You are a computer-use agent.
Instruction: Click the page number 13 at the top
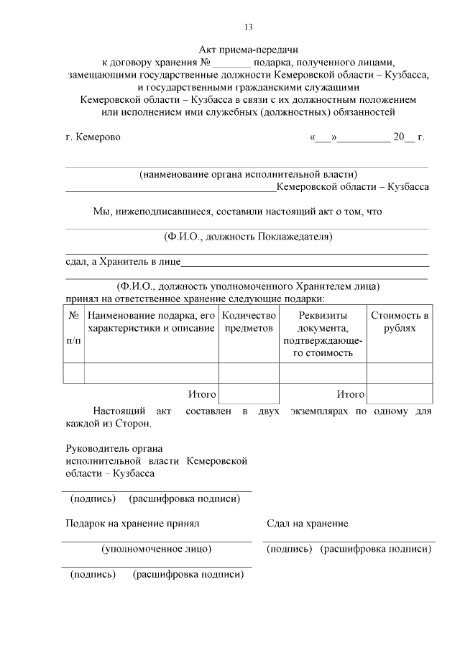point(248,27)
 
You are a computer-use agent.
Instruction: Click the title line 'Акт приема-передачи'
point(248,49)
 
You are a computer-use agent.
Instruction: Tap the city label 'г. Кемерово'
point(93,137)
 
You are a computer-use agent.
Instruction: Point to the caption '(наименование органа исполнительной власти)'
point(248,173)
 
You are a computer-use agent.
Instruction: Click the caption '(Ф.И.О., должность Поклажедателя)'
point(248,237)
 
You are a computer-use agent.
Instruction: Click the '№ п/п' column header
point(73,328)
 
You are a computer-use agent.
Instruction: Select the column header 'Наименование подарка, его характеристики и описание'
point(151,322)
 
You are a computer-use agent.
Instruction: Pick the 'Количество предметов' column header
point(249,322)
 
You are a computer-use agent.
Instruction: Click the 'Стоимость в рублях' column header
point(400,322)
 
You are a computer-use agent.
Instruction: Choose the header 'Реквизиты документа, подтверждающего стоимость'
point(323,334)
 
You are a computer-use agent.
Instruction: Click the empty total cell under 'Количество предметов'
point(249,394)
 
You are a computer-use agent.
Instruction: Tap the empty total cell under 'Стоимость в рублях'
point(400,394)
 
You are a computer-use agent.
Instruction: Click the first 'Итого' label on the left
point(202,395)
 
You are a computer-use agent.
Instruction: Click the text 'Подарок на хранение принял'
point(132,524)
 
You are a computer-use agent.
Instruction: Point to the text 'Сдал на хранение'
point(307,524)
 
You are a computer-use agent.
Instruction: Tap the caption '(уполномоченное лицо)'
point(157,549)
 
